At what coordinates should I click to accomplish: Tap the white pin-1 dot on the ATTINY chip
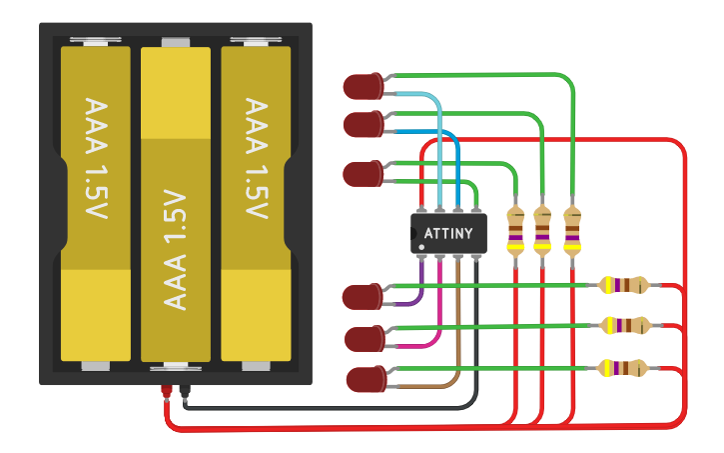pos(422,246)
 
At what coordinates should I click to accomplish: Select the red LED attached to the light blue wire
pos(362,87)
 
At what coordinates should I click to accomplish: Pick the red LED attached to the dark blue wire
pos(362,125)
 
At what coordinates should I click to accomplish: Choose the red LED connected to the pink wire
pos(363,339)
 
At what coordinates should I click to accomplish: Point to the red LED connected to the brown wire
pos(365,380)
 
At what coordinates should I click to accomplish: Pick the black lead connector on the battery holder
pos(184,392)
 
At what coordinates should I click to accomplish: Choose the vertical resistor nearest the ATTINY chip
pos(515,232)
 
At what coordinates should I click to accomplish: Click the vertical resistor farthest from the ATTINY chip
pos(572,231)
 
